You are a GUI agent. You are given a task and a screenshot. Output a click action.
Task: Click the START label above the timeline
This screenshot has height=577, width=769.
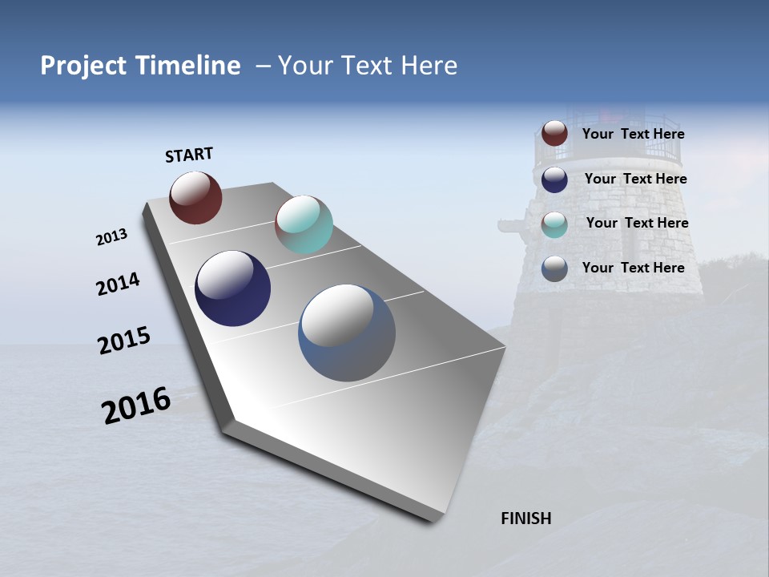pos(189,155)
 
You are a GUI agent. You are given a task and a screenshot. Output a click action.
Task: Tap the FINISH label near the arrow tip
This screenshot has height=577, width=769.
pos(526,518)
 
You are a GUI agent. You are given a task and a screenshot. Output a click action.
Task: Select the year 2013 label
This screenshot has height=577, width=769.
pos(112,237)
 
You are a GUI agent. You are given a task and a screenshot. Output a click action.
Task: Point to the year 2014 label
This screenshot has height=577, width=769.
pos(119,284)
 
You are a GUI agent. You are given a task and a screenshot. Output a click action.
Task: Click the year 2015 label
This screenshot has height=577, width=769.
pos(124,341)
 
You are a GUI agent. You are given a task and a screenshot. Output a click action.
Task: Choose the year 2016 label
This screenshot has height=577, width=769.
pos(137,406)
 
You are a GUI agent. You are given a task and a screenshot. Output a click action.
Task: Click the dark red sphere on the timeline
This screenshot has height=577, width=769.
pos(195,197)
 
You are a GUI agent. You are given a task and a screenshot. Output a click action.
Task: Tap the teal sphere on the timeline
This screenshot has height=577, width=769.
pos(304,224)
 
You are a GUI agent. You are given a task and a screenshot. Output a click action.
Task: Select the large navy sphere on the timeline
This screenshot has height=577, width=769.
pos(232,288)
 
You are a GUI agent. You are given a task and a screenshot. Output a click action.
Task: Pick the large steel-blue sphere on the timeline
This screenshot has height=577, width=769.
pos(347,333)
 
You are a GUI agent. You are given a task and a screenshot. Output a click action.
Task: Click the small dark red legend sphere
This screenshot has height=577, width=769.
pos(554,134)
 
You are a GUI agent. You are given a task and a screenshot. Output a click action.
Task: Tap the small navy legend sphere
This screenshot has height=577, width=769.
pos(554,180)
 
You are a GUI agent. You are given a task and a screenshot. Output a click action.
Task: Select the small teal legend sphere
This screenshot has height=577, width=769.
pos(554,224)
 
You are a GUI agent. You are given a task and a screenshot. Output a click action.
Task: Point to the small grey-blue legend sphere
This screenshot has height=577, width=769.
pos(554,268)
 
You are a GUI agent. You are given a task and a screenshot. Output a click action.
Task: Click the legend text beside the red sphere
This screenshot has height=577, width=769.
pos(633,135)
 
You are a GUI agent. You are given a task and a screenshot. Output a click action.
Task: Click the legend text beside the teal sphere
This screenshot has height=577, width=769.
pos(637,223)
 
